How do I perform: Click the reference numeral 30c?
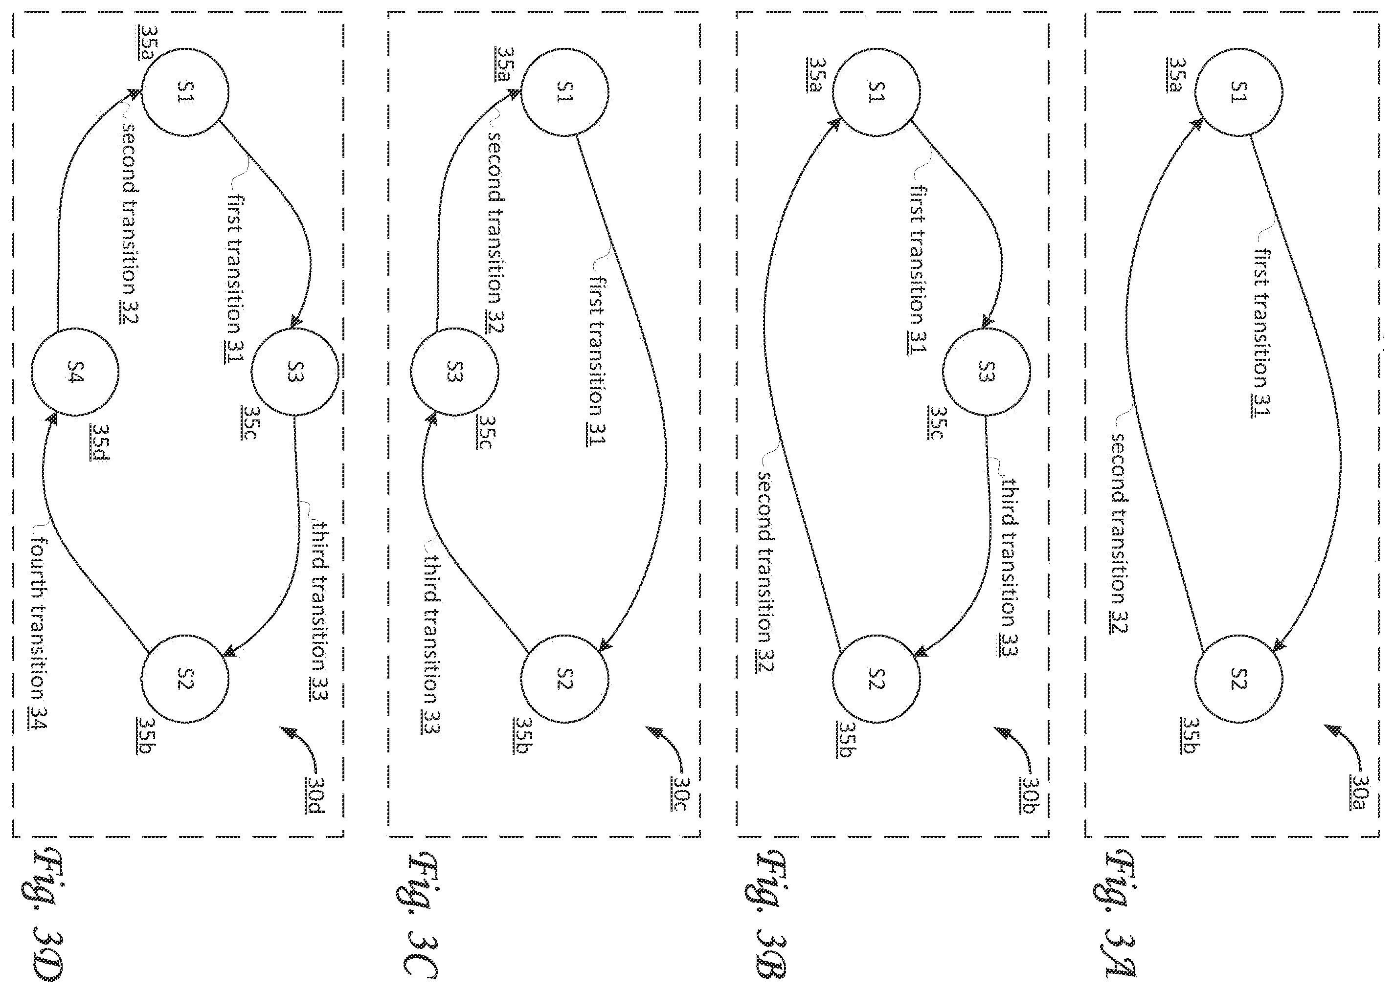pos(681,794)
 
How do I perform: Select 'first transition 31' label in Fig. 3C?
pos(597,361)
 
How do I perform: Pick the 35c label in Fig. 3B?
pos(936,422)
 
